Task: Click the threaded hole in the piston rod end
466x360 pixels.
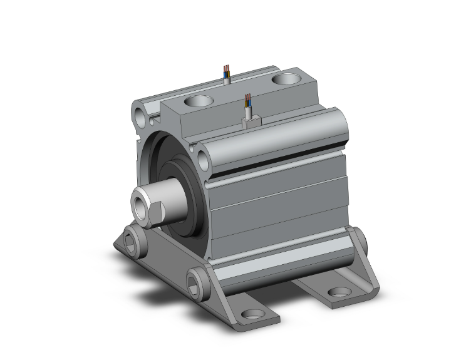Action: click(x=140, y=203)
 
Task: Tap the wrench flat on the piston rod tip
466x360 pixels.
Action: click(x=156, y=213)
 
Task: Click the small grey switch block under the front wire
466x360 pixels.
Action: click(x=251, y=122)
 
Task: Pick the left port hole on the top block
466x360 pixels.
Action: click(x=199, y=101)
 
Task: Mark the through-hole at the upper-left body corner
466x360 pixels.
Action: click(x=139, y=115)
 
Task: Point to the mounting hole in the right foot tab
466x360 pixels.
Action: click(x=339, y=292)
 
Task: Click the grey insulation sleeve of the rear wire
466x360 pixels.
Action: click(x=227, y=79)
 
